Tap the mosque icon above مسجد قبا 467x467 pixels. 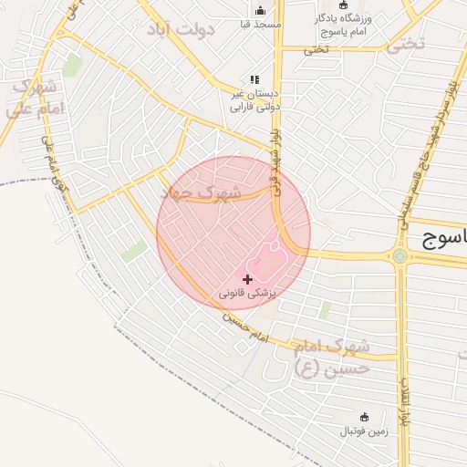260,10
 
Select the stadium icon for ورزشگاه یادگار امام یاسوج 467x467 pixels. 344,5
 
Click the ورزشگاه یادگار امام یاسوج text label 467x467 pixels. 341,24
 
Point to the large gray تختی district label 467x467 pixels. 405,44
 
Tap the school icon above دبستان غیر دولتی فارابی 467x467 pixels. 254,79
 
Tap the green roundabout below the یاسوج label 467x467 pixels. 400,256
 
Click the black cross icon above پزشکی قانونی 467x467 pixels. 248,278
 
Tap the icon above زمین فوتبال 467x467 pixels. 365,416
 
